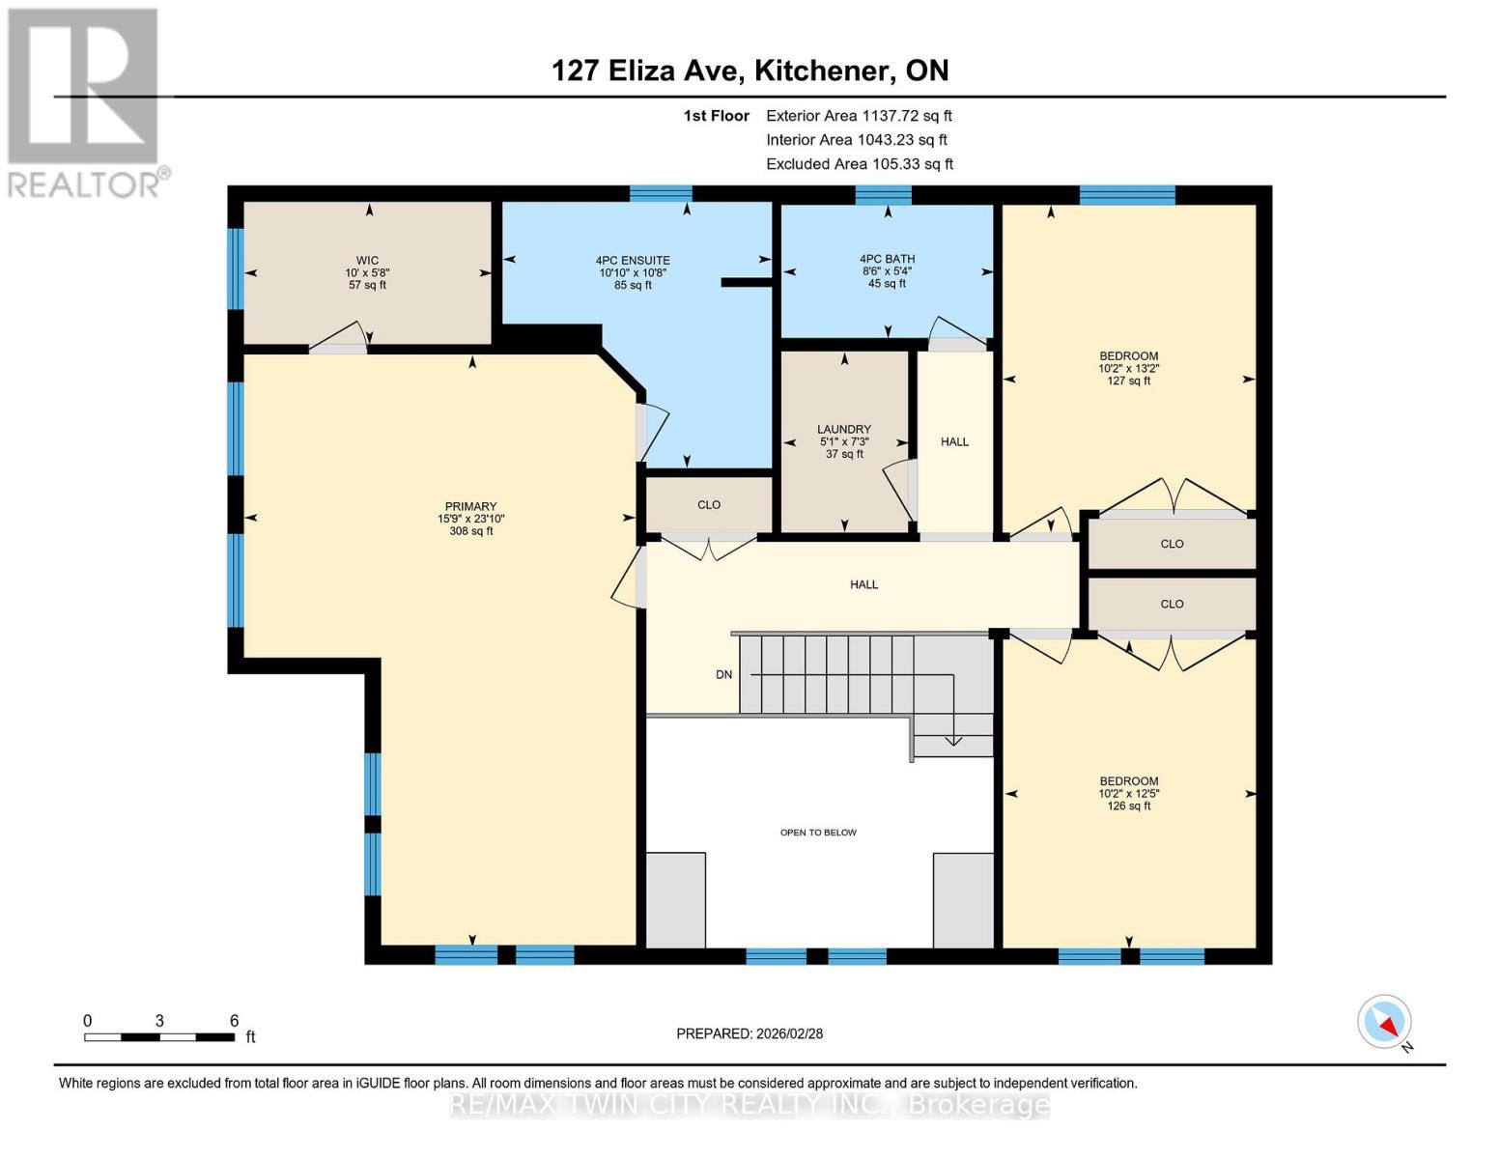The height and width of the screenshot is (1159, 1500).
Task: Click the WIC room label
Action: pos(367,261)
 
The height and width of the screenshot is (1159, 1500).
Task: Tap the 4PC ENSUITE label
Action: pos(633,261)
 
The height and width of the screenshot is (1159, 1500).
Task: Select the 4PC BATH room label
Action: pos(887,259)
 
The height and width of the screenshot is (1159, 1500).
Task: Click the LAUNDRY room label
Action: pos(844,430)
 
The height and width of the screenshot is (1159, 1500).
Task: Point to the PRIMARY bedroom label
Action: pos(470,507)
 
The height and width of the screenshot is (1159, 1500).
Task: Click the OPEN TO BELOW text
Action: pos(818,833)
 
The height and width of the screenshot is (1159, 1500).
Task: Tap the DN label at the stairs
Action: pos(723,675)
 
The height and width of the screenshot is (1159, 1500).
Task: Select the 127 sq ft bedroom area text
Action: pos(1128,382)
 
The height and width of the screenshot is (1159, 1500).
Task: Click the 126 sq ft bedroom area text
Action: pos(1128,806)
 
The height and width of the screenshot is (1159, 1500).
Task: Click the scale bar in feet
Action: pos(159,1037)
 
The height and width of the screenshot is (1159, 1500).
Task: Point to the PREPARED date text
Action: pos(750,1034)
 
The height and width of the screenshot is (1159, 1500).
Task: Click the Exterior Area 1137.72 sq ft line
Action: pos(859,116)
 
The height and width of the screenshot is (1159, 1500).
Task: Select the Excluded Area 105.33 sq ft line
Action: pos(860,164)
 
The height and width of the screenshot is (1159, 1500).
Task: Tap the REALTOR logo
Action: pos(84,101)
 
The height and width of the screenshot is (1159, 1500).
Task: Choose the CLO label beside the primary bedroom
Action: pos(709,505)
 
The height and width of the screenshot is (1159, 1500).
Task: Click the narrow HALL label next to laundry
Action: pos(954,442)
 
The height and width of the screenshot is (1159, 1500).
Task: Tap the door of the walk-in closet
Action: pos(338,338)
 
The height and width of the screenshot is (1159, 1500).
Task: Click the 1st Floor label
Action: pos(716,116)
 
